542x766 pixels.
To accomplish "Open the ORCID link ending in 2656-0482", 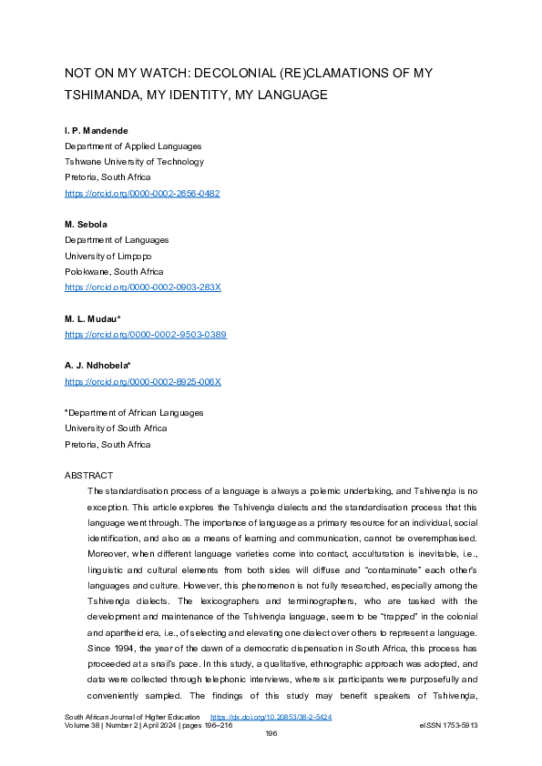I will coord(142,194).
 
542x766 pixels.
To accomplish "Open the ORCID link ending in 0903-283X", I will coord(142,287).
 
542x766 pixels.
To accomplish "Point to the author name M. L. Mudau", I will coord(94,318).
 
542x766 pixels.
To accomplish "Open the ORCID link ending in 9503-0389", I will coord(145,334).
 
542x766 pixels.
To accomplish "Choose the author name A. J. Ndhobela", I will coord(97,366).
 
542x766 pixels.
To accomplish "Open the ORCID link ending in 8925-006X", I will coord(142,381).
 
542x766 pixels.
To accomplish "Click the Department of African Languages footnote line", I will coord(134,413).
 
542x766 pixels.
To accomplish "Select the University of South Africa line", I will coord(116,428).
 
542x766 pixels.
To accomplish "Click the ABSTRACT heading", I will coord(88,476).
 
